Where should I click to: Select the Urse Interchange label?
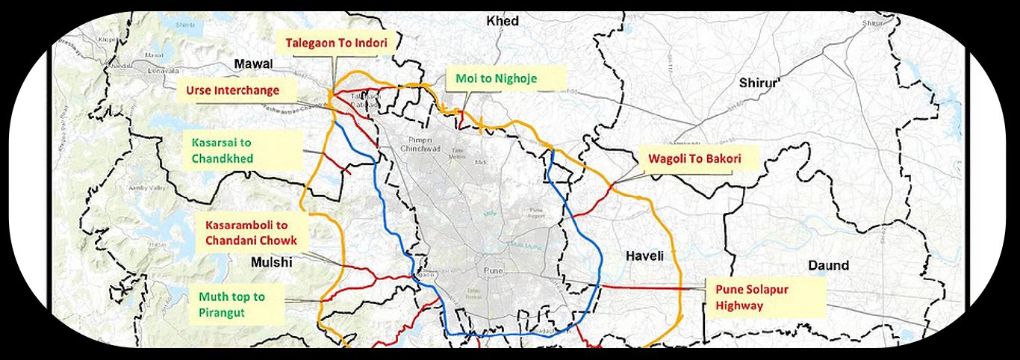click(x=232, y=90)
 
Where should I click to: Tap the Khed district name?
click(x=502, y=21)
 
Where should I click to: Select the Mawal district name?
click(x=254, y=65)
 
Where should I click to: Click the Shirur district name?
click(x=758, y=83)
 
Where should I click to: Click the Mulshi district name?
click(x=272, y=262)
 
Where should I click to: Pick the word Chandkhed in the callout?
click(x=223, y=158)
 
